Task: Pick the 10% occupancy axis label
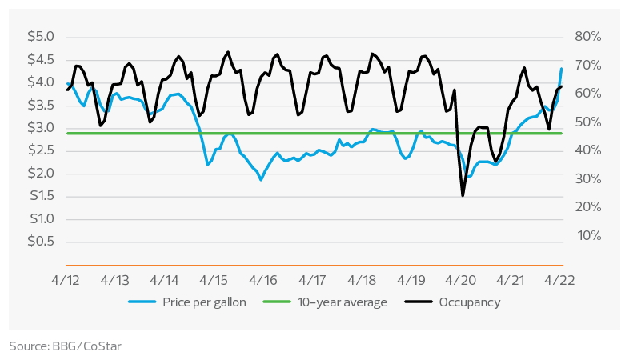tap(587, 235)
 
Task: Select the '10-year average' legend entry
tap(342, 302)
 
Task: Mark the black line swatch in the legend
tap(423, 302)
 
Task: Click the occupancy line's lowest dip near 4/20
tap(463, 195)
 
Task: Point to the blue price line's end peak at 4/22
tap(562, 70)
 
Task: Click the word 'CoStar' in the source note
tap(101, 346)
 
